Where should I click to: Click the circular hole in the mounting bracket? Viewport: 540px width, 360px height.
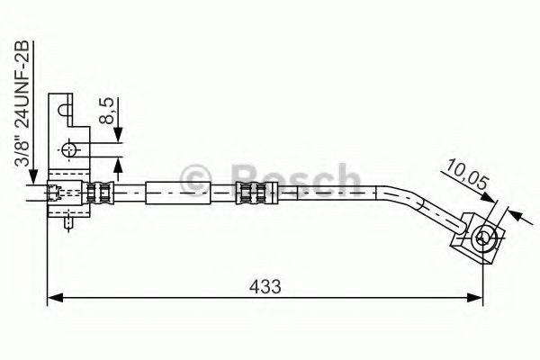pos(69,148)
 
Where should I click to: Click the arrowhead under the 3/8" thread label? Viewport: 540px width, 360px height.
pos(32,180)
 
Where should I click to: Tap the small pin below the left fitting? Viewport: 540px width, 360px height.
pos(69,222)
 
